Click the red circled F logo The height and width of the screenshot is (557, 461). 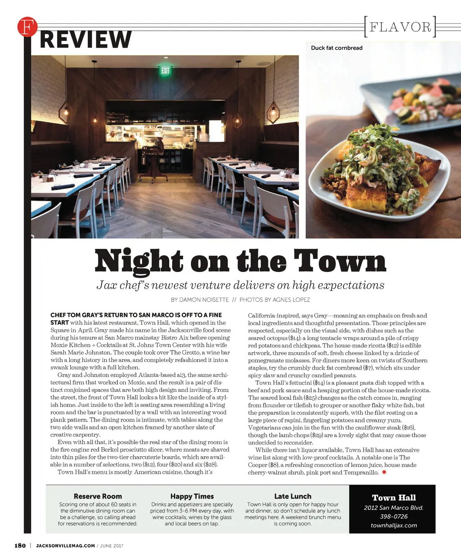point(27,27)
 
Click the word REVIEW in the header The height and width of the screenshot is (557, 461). point(86,39)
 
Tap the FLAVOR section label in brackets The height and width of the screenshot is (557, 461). point(400,27)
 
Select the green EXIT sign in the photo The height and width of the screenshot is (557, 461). point(165,70)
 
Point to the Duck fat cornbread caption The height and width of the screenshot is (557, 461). point(336,48)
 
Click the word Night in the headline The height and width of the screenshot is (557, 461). point(139,261)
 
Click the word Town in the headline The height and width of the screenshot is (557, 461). point(340,261)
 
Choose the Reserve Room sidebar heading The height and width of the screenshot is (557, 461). point(98,496)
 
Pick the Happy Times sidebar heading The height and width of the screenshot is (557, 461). point(192,496)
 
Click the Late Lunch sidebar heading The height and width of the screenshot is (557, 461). point(293,496)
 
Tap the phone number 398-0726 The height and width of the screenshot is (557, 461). point(393,516)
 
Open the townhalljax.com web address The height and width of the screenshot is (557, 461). point(393,525)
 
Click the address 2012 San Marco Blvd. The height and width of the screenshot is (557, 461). point(393,508)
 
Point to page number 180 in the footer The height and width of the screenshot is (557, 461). point(20,546)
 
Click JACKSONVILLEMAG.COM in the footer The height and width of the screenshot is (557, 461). point(65,546)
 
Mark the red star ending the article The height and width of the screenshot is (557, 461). point(384,472)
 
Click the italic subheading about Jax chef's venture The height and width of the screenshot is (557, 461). point(240,285)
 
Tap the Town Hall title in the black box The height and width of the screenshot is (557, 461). point(393,498)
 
